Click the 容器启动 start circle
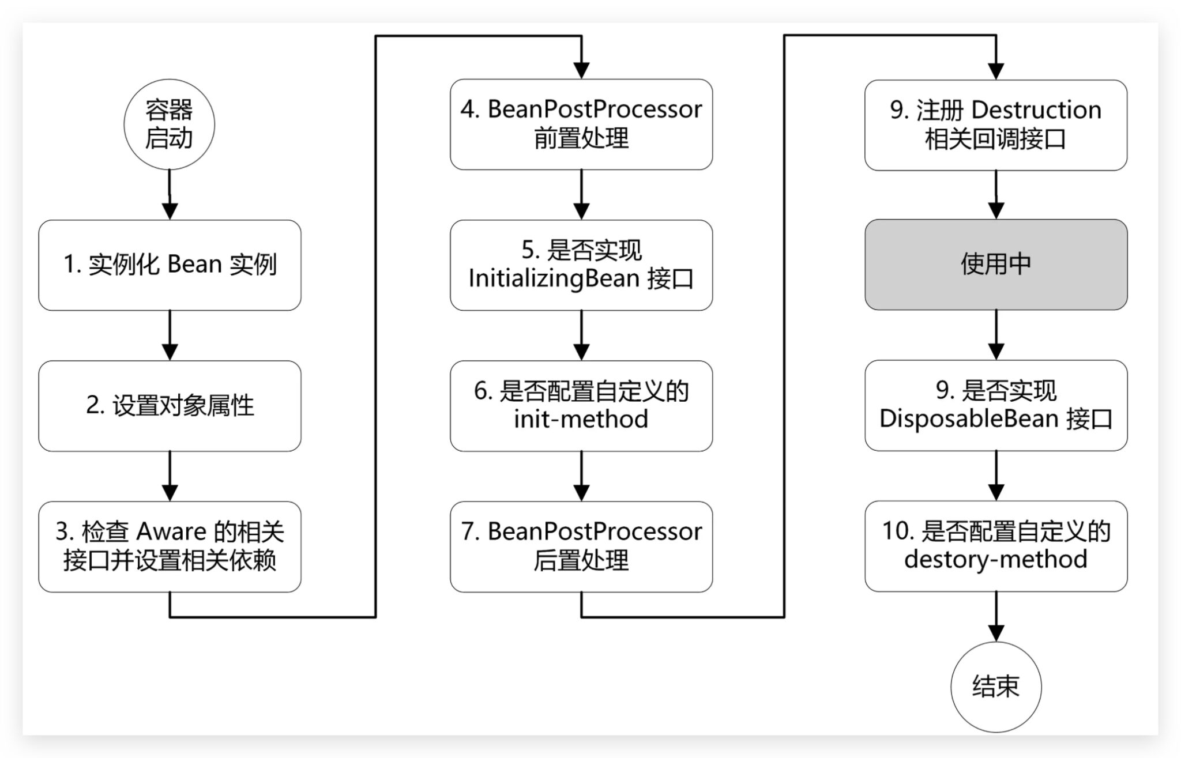pos(169,125)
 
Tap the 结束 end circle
pos(996,687)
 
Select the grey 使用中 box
pos(996,265)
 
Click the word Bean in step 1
pos(194,265)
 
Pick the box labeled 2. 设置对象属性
pos(170,406)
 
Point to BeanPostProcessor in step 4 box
pos(595,110)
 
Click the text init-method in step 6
pos(581,420)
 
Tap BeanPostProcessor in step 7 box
pos(595,531)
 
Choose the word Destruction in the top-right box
pos(1036,110)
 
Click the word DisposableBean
pos(969,419)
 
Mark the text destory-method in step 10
pos(996,560)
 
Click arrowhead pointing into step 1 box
pos(170,210)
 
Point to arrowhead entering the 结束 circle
pos(996,632)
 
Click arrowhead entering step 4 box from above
pos(581,70)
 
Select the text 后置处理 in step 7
pos(581,560)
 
